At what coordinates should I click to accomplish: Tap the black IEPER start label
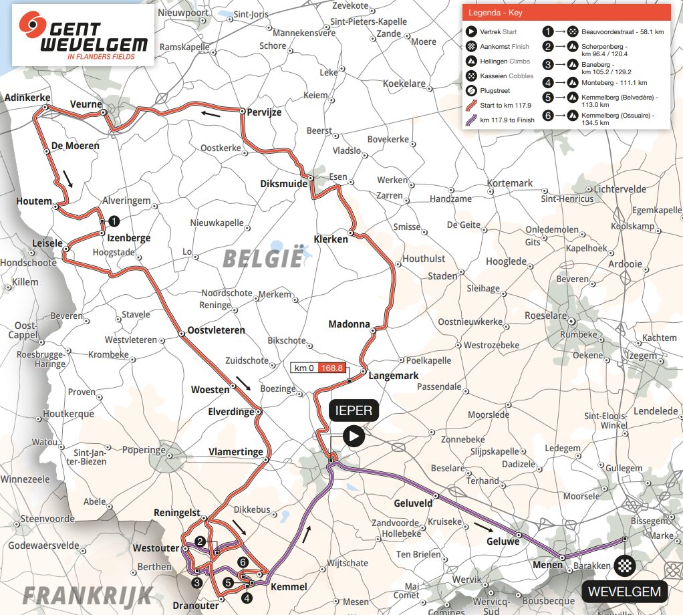point(354,410)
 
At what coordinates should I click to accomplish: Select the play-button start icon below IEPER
point(354,437)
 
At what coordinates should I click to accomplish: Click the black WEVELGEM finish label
point(624,591)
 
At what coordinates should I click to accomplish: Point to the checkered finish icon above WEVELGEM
point(624,566)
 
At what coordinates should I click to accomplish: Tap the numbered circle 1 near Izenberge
point(114,221)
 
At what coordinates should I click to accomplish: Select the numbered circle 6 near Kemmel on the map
point(243,562)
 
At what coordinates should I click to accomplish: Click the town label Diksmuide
point(284,184)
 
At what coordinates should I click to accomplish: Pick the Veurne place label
point(86,104)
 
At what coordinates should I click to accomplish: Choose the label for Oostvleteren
point(217,330)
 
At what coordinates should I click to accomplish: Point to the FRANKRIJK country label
point(88,594)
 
